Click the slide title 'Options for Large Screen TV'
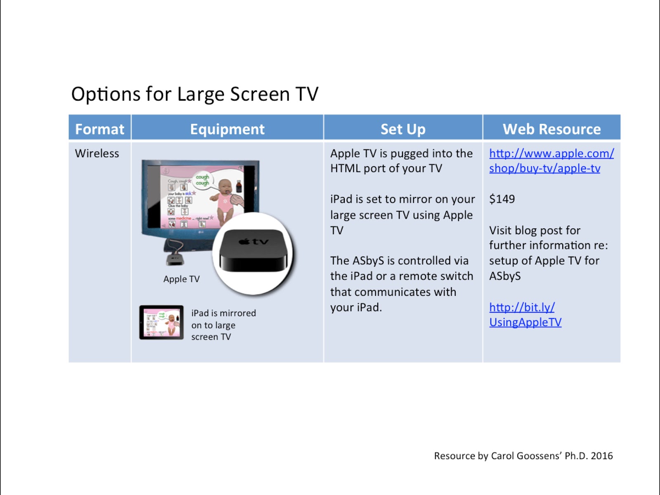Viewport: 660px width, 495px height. tap(195, 94)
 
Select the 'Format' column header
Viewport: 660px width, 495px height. tap(99, 129)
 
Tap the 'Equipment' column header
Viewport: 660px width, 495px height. tap(227, 129)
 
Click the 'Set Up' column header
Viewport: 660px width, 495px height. tap(403, 129)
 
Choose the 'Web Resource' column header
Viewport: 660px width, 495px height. tap(552, 129)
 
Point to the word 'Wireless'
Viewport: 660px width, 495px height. tap(97, 153)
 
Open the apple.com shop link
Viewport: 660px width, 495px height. tap(551, 161)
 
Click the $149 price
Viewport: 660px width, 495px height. tap(502, 199)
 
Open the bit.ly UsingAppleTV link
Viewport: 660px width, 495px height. tap(525, 314)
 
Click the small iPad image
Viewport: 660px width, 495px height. tap(161, 322)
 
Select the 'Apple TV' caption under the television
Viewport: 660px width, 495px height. tap(181, 279)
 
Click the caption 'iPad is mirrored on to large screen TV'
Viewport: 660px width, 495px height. tap(223, 325)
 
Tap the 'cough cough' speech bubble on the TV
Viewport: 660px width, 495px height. tap(202, 179)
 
